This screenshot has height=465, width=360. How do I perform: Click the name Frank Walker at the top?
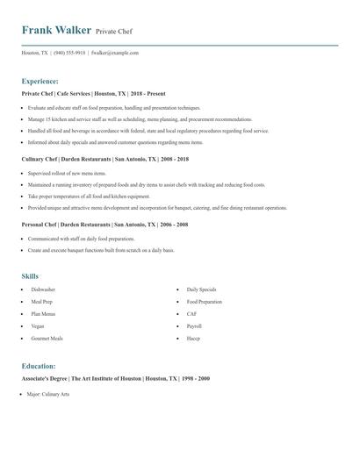tap(56, 30)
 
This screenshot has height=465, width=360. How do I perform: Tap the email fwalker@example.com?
tap(115, 53)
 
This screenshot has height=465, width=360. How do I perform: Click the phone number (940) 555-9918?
tap(69, 53)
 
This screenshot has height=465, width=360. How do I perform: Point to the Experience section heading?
tap(40, 81)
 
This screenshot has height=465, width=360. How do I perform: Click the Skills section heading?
tap(31, 276)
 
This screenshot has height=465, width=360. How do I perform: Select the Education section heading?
tap(39, 366)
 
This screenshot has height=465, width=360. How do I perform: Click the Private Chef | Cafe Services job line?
tap(93, 93)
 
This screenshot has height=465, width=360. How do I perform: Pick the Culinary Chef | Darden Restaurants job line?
tap(104, 160)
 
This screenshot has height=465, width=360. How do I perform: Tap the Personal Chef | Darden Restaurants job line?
tap(104, 225)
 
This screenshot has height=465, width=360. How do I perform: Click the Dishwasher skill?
tap(43, 289)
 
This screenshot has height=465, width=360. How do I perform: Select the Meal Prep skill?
tap(41, 301)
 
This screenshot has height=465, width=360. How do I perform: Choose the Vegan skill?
tap(38, 325)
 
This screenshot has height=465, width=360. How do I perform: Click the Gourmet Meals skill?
tap(47, 338)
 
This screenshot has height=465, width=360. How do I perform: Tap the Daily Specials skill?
tap(201, 289)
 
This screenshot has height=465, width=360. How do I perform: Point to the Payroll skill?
tap(194, 325)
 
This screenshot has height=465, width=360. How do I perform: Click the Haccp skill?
tap(193, 338)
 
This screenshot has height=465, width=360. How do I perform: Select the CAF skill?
tap(191, 313)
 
